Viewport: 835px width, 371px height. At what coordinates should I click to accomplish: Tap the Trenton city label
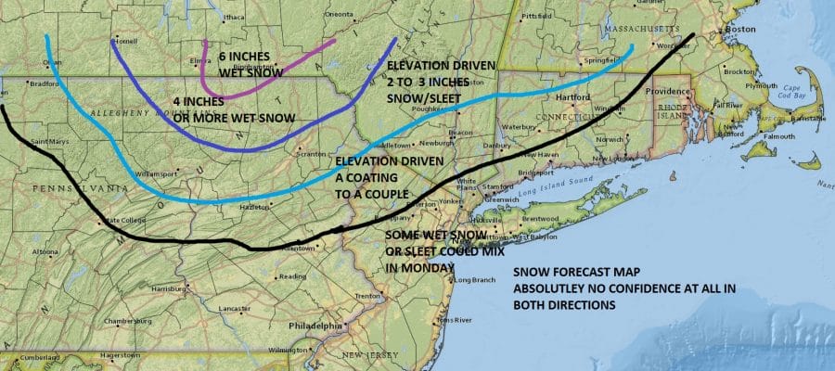(368, 296)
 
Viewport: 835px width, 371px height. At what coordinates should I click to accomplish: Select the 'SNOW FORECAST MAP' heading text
(568, 275)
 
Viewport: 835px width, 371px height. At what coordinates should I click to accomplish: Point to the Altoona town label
(45, 251)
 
